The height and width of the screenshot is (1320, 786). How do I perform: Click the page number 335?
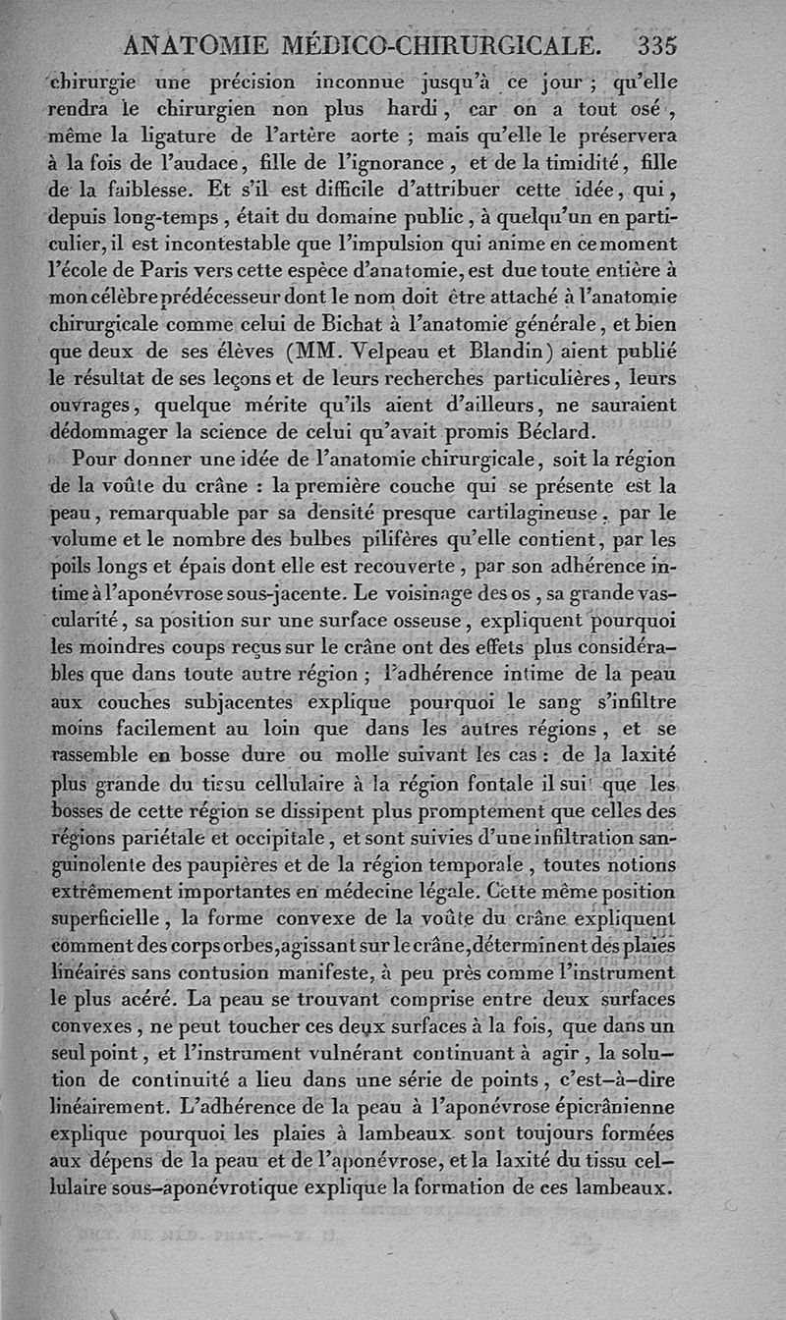(x=657, y=44)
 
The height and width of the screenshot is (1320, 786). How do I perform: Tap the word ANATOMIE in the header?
(x=191, y=44)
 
